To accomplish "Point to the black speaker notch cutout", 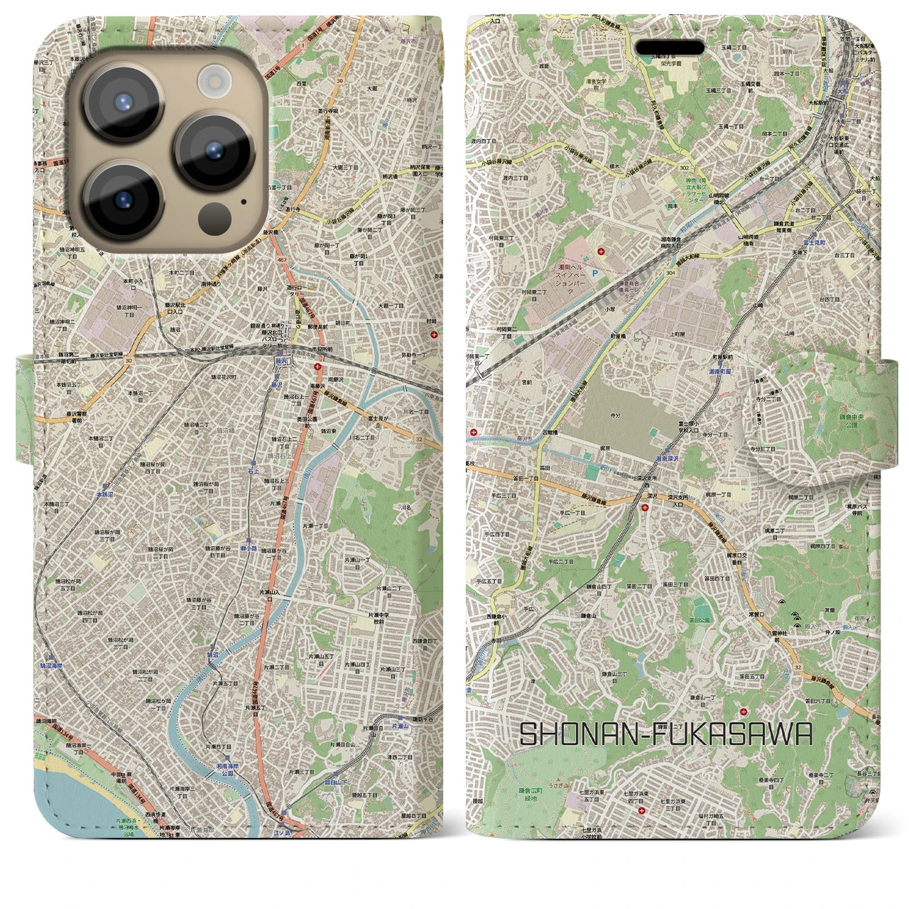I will click(670, 48).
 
